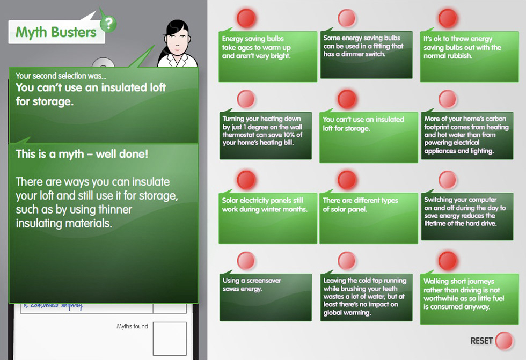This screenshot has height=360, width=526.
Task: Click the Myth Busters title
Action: pos(56,32)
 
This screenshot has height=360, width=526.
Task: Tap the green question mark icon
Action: pos(108,24)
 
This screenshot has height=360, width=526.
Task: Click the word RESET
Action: pos(481,341)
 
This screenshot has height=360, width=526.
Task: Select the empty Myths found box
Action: pos(170,339)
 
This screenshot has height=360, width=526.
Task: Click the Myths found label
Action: pos(132,326)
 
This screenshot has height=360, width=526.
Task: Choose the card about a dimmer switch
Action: pos(366,55)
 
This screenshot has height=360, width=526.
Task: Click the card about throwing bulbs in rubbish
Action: pos(469,56)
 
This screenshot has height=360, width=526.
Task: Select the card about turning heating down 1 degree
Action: pos(266,136)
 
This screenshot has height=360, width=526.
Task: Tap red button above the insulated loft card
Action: pos(347,99)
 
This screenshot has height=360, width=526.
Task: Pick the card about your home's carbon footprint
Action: pos(467,136)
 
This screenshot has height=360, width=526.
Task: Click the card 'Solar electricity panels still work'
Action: pos(268,218)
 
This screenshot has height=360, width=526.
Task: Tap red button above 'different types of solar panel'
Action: pos(347,180)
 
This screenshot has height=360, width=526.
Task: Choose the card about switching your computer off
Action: pos(467,217)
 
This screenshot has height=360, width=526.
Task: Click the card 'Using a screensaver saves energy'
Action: pos(266,297)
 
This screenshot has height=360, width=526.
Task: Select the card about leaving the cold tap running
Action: pos(366,297)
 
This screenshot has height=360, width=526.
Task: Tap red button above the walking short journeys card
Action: pos(448,261)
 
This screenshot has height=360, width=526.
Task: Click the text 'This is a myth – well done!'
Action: pos(82,154)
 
